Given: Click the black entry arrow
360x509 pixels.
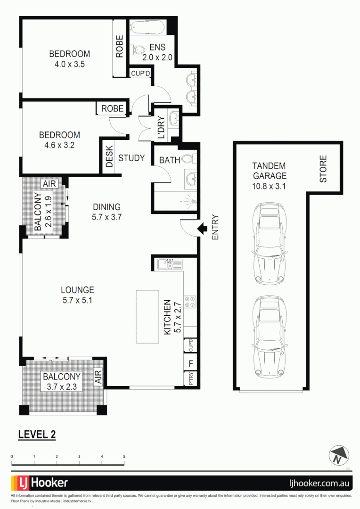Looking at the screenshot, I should pyautogui.click(x=202, y=229).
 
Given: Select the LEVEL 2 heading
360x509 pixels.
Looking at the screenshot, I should pyautogui.click(x=37, y=434).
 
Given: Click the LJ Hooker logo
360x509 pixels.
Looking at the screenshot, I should pyautogui.click(x=40, y=483).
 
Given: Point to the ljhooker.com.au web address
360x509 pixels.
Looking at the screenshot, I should pyautogui.click(x=319, y=483).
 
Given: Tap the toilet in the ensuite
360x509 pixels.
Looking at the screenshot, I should pyautogui.click(x=138, y=49).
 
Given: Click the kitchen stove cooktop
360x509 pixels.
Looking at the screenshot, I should pyautogui.click(x=190, y=301).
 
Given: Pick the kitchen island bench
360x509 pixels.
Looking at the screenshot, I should pyautogui.click(x=147, y=316).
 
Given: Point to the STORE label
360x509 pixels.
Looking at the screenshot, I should pyautogui.click(x=323, y=170).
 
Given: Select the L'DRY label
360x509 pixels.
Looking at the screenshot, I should pyautogui.click(x=161, y=127).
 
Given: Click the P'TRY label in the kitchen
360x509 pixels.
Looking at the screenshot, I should pyautogui.click(x=191, y=379).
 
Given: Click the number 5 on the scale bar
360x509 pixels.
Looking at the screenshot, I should pyautogui.click(x=124, y=457).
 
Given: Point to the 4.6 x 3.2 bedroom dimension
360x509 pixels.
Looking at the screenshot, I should pyautogui.click(x=59, y=145).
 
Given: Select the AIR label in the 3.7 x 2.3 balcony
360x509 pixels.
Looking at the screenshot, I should pyautogui.click(x=98, y=377).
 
